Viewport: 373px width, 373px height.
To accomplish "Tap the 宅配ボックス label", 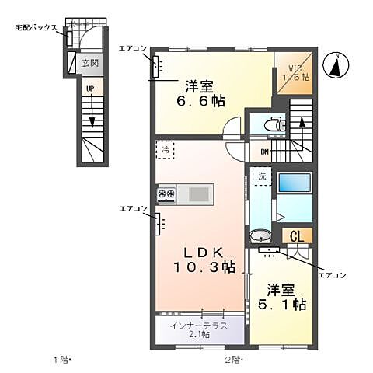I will [x=36, y=26].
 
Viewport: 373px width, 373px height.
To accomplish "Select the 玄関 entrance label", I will [x=90, y=63].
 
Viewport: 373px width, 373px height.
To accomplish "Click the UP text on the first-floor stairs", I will [x=90, y=89].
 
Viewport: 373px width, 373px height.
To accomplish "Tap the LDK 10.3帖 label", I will [x=204, y=260].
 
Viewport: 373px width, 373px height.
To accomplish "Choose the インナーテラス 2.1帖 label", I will [x=200, y=329].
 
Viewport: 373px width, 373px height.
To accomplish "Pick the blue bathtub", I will [x=295, y=183].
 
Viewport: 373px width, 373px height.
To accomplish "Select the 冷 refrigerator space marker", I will [x=165, y=149].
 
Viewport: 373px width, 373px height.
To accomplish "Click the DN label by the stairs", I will [x=263, y=152].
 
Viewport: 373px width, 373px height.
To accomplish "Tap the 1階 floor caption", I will [x=61, y=359].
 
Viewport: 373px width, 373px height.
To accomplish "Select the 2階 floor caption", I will [x=234, y=359].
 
